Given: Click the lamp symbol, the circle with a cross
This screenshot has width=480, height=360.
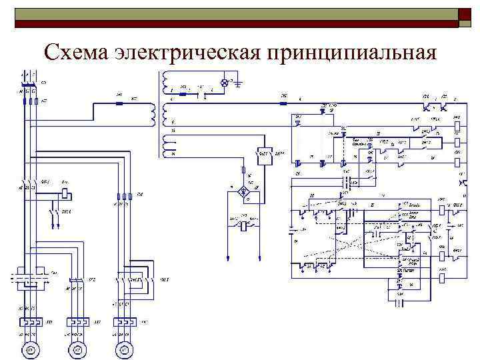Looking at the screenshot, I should [225, 83].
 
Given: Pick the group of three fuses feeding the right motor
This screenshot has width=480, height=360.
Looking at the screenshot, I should [123, 196].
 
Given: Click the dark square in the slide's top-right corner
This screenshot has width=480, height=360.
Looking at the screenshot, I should [465, 13].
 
